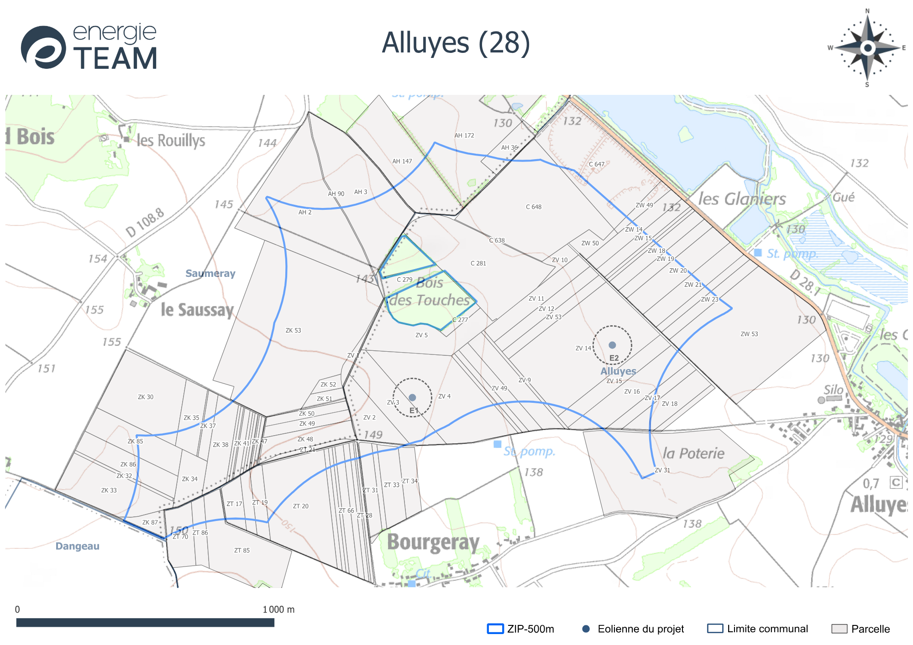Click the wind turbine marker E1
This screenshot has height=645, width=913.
coord(412,397)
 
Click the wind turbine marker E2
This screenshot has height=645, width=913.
coord(612,345)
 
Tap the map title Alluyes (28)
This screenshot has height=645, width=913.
coord(456,43)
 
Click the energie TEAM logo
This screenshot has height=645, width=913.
coord(89,47)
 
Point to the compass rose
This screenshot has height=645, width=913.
coord(867,47)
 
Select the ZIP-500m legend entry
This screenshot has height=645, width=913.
coord(521,629)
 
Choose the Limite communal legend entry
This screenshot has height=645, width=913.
coord(758,629)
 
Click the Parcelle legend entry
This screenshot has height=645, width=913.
coord(861,629)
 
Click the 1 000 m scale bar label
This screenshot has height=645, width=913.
coord(278,609)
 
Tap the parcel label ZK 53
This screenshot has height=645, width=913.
coord(293,330)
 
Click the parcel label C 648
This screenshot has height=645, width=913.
coord(533,207)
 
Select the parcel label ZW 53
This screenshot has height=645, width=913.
coord(749,334)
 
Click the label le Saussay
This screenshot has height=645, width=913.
coord(197,310)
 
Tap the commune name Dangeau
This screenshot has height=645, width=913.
coord(77,546)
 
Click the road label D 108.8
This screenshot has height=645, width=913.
coord(145,223)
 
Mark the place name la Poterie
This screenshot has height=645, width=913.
coord(693,453)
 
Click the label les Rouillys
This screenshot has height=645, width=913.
coord(171,140)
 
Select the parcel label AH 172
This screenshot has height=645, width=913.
coord(464,135)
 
